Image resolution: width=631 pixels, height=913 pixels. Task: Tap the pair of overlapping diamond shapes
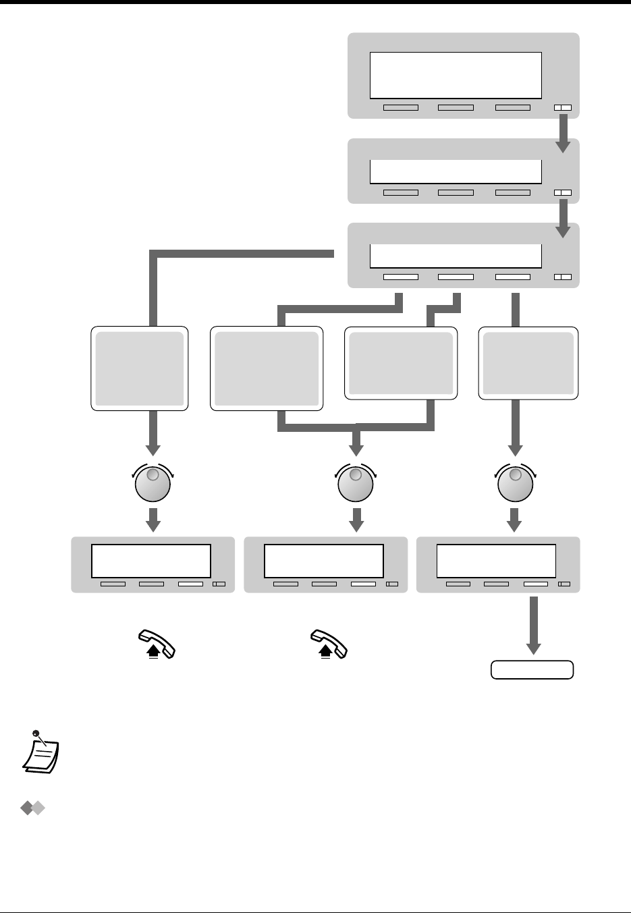point(33,808)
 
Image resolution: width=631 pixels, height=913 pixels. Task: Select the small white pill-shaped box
point(532,670)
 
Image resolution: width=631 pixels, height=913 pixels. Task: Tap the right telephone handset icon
point(329,644)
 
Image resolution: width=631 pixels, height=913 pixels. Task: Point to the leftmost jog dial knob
point(153,483)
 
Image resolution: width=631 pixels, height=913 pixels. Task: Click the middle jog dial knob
point(356,483)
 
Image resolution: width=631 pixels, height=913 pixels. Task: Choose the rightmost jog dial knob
point(516,483)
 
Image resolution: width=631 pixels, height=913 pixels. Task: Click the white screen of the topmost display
point(456,75)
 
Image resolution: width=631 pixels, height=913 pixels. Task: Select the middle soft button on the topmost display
point(456,107)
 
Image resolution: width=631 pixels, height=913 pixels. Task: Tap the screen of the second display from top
point(456,171)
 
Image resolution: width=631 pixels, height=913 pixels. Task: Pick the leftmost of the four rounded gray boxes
point(140,368)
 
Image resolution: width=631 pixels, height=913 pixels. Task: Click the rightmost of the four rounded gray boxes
point(528,363)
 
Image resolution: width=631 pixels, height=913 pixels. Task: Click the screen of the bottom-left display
point(151,561)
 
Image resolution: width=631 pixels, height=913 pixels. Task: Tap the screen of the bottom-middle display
point(323,561)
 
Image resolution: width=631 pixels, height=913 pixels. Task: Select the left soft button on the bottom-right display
point(458,584)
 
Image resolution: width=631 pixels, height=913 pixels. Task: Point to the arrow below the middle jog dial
point(356,520)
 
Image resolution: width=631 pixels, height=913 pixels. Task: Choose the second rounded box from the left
point(267,368)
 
